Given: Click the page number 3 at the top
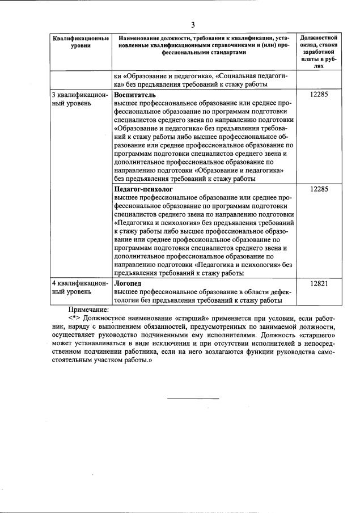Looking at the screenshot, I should (x=193, y=25).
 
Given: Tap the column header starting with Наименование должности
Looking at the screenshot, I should (x=203, y=44).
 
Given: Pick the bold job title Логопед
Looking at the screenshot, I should (x=128, y=283).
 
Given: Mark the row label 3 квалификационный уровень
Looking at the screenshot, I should (x=79, y=100).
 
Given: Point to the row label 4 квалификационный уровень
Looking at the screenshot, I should (x=79, y=287).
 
